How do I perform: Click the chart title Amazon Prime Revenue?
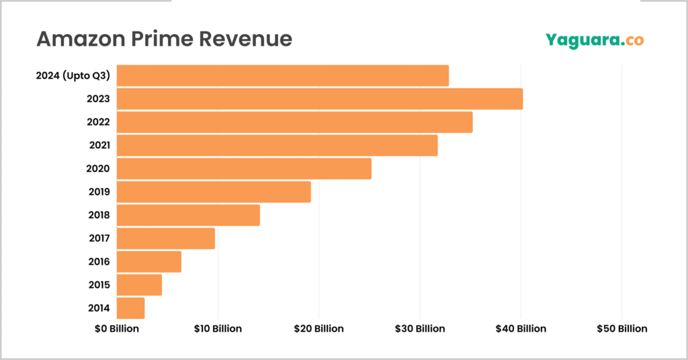coord(164,39)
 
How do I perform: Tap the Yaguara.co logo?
coord(594,40)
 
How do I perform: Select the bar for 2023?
coord(320,99)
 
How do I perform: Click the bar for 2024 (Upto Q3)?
coord(283,76)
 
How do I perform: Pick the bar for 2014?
coord(131,308)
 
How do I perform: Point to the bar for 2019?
coord(214,192)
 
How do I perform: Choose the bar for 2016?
coord(149,261)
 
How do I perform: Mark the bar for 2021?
coord(277,145)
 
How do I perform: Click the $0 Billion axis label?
coord(116,328)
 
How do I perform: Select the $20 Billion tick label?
coord(318,328)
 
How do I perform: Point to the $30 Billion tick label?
coord(420,328)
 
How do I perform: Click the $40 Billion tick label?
coord(521,328)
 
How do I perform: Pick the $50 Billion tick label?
coord(622,328)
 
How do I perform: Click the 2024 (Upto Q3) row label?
coord(73,76)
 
